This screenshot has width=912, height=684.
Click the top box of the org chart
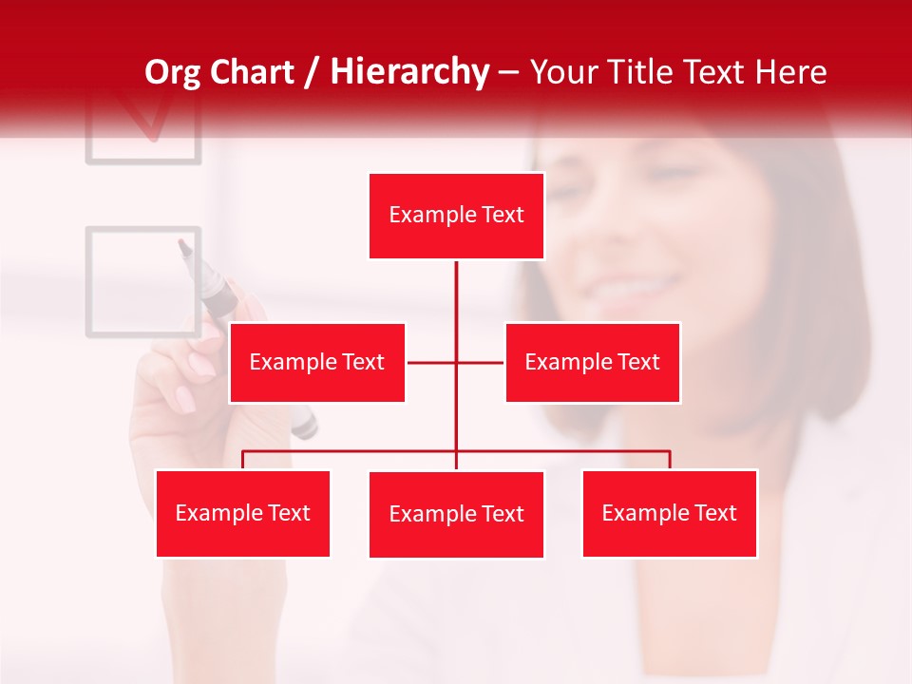(456, 216)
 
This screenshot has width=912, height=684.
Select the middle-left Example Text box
(316, 362)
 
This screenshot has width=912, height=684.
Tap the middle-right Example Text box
(592, 362)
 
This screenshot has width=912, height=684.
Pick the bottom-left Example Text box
(242, 513)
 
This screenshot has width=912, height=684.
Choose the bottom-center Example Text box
(456, 514)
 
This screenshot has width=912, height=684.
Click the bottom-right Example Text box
(669, 513)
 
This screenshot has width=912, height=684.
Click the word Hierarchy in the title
(408, 72)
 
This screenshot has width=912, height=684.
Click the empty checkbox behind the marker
(142, 282)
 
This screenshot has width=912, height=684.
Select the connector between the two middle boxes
(455, 362)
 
